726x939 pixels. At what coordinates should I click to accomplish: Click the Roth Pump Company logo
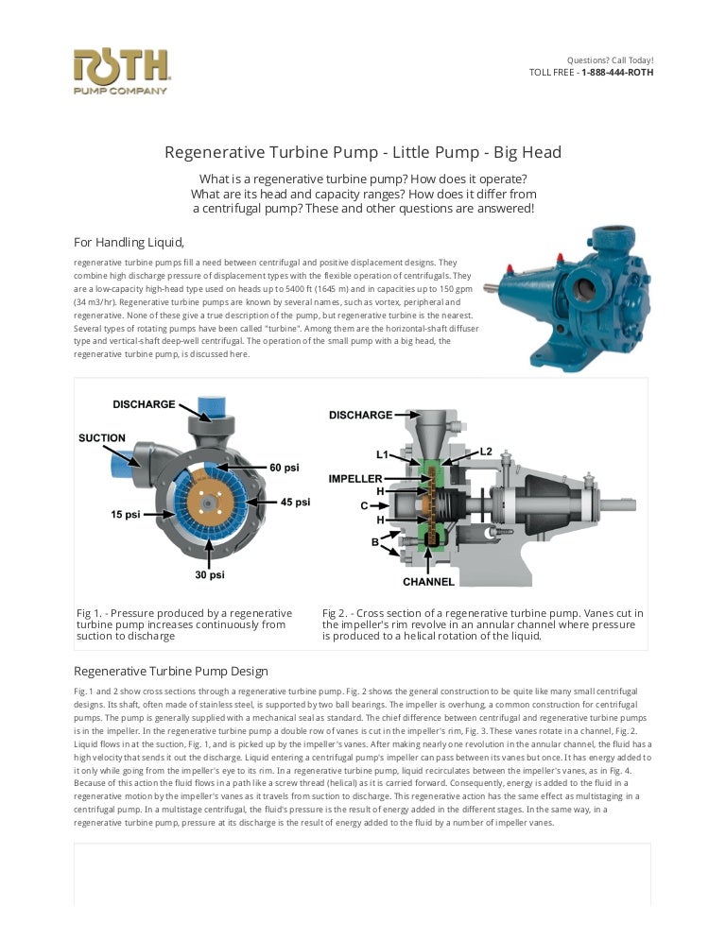(121, 72)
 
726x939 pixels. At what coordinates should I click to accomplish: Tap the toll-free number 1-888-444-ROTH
(616, 72)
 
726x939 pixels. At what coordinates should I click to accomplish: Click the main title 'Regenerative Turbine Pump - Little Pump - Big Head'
(363, 152)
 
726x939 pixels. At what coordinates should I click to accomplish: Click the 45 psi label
(295, 502)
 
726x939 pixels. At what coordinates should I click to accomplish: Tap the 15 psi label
(126, 515)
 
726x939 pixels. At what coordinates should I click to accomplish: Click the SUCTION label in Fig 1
(102, 438)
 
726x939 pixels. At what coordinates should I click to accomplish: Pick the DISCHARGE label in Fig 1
(144, 404)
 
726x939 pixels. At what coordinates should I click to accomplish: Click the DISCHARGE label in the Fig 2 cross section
(360, 415)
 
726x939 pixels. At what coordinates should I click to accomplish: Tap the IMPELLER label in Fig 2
(355, 479)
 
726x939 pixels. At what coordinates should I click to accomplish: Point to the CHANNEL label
(428, 582)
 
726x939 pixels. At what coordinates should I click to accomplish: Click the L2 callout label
(486, 452)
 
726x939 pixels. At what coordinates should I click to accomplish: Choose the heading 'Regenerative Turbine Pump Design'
(171, 672)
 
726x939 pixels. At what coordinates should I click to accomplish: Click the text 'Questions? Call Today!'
(610, 60)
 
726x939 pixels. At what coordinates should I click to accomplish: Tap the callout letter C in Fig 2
(364, 505)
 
